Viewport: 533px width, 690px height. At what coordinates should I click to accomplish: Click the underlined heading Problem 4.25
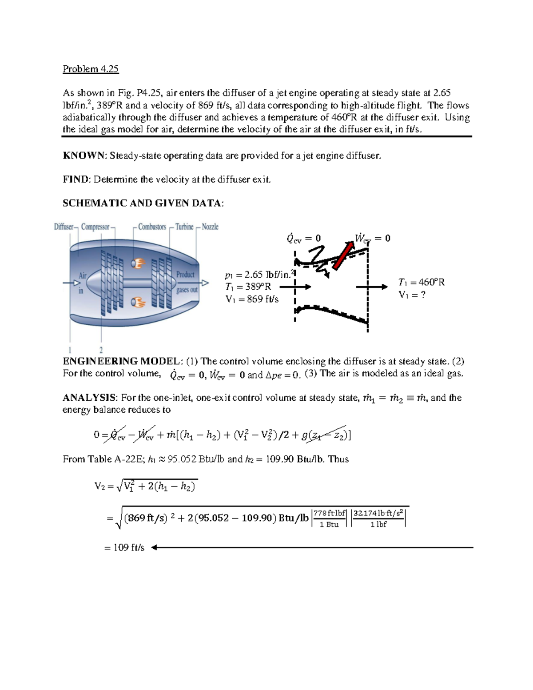pyautogui.click(x=91, y=69)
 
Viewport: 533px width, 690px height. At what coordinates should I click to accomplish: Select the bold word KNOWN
pyautogui.click(x=84, y=156)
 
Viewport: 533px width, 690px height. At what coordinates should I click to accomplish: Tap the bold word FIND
pyautogui.click(x=76, y=179)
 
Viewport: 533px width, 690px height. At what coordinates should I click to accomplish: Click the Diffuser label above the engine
pyautogui.click(x=64, y=227)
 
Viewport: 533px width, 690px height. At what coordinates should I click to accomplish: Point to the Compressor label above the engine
pyautogui.click(x=95, y=227)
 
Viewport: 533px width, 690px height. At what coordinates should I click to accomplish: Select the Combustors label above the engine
pyautogui.click(x=152, y=227)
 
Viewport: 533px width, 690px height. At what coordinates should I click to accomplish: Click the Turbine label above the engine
pyautogui.click(x=184, y=227)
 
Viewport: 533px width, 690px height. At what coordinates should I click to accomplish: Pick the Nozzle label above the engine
pyautogui.click(x=210, y=227)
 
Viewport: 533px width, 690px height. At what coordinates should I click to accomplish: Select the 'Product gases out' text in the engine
pyautogui.click(x=187, y=282)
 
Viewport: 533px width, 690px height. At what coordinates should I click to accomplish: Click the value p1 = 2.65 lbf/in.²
pyautogui.click(x=259, y=275)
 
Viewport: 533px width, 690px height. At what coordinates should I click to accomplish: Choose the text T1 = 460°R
pyautogui.click(x=421, y=282)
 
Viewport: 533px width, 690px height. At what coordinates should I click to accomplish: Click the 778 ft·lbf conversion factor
pyautogui.click(x=330, y=513)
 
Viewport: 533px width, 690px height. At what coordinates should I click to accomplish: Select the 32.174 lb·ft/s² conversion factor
pyautogui.click(x=378, y=513)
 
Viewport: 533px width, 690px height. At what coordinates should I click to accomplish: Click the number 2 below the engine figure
pyautogui.click(x=101, y=350)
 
